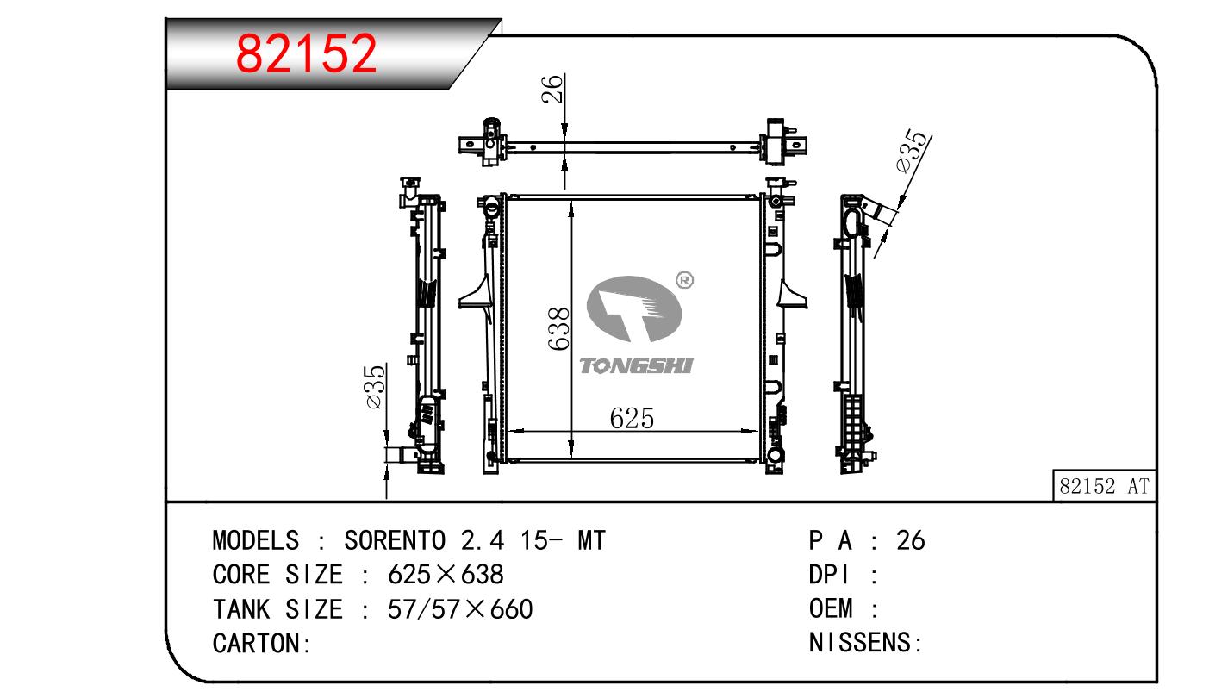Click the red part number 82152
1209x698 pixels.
[306, 53]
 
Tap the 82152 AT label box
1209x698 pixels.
[1104, 486]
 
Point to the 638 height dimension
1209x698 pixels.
[558, 329]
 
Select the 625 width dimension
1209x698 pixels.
[632, 418]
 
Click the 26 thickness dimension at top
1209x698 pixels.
[552, 89]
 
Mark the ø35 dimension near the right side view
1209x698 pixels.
[913, 151]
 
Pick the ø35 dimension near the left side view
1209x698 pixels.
[375, 387]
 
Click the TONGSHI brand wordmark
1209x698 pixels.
[636, 366]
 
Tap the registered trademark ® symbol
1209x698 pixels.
[684, 280]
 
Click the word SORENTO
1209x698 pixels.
[395, 540]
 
